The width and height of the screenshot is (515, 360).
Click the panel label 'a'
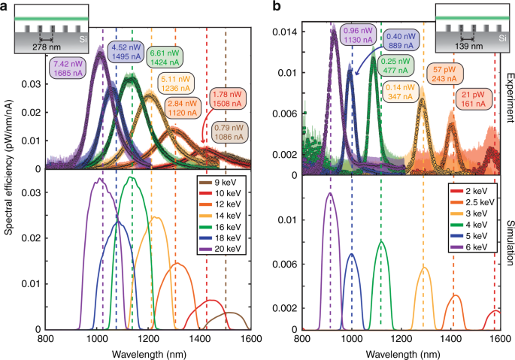coord(6,7)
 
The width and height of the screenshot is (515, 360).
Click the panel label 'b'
coord(276,7)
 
